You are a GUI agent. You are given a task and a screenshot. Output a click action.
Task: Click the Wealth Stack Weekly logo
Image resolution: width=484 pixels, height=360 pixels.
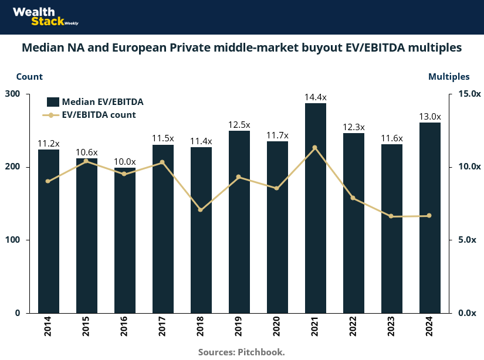[x=43, y=16]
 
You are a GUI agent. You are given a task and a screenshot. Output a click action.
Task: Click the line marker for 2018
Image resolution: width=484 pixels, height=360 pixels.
[x=201, y=210]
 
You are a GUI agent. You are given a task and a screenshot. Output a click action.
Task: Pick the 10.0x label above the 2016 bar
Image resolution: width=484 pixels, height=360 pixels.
[x=125, y=162]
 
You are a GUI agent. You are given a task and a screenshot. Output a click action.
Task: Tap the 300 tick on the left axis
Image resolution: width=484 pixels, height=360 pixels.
[x=12, y=94]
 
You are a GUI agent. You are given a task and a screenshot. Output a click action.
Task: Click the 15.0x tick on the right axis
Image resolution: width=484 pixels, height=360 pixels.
[x=469, y=94]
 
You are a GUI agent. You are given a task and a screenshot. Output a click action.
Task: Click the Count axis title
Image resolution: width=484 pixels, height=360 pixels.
[x=29, y=77]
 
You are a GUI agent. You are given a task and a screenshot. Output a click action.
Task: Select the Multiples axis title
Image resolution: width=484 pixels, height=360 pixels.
[x=449, y=77]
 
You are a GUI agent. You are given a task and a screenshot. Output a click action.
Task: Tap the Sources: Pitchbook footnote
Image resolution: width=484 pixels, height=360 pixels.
[x=242, y=352]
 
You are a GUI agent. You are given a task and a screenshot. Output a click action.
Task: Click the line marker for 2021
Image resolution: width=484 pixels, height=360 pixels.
[x=315, y=148]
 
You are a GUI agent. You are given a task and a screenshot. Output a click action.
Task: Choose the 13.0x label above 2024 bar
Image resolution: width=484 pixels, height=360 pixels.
[x=430, y=117]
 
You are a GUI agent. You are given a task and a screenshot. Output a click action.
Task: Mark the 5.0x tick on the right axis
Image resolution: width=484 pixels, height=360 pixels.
[x=469, y=240]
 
